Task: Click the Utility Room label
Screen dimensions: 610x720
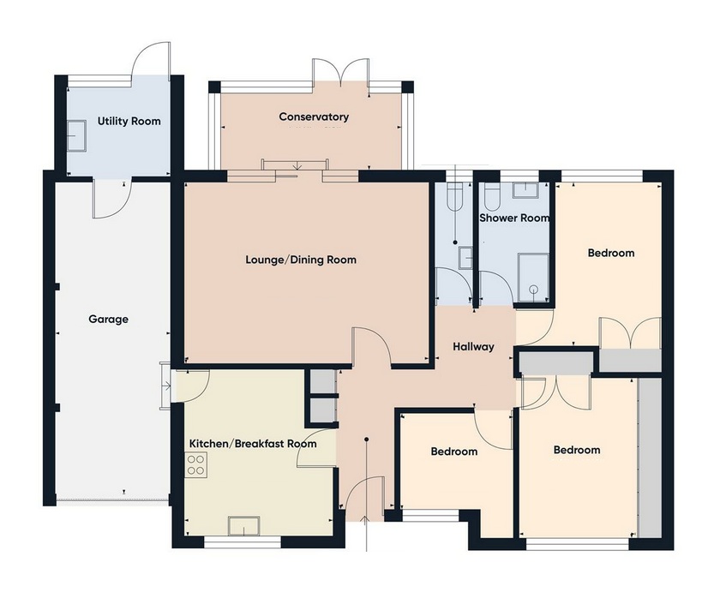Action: pos(129,122)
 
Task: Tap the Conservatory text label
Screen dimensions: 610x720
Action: pos(314,117)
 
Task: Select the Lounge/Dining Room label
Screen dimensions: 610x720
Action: pos(300,260)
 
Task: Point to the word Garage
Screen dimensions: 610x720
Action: pos(108,320)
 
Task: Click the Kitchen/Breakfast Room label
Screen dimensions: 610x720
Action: pos(252,444)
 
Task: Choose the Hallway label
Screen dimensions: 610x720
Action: pos(474,347)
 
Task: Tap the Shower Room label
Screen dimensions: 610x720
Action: pos(513,218)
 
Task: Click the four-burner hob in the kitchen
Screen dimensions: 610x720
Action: pos(196,465)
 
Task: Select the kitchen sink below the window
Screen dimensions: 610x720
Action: pos(243,525)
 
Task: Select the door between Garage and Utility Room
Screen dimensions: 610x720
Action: pos(111,198)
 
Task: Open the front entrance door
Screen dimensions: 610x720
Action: pos(366,497)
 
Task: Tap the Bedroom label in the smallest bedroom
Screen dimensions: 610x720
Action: pos(453,452)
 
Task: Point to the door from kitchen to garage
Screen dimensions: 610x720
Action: pos(192,385)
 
